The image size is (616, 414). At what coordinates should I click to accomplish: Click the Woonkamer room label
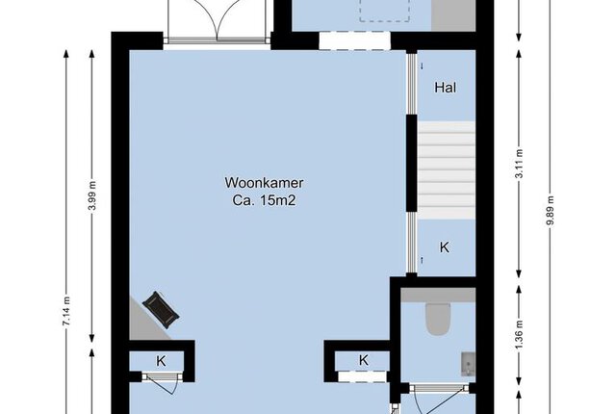(x=264, y=183)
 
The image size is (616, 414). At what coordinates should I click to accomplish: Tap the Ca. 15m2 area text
(x=264, y=200)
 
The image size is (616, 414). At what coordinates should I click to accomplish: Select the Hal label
(x=446, y=88)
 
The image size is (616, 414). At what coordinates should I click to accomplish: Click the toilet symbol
(x=438, y=320)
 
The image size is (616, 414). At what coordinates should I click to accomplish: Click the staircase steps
(x=446, y=170)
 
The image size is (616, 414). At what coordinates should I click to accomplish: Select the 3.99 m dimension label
(x=92, y=195)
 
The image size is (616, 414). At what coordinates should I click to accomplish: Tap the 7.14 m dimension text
(x=66, y=311)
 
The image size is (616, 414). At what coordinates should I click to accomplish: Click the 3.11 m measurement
(x=519, y=164)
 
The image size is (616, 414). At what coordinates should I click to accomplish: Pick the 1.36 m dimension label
(x=519, y=335)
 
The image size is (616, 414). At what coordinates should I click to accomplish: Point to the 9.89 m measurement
(x=551, y=210)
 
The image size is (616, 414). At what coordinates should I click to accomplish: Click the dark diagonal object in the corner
(x=161, y=309)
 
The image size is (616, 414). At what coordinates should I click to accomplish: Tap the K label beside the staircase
(x=445, y=247)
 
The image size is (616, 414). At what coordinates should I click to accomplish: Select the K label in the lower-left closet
(x=161, y=361)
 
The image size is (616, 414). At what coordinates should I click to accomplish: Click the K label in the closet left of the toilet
(x=364, y=360)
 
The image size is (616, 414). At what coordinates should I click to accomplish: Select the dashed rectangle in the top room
(x=385, y=11)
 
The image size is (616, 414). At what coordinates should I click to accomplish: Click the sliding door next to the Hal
(x=411, y=84)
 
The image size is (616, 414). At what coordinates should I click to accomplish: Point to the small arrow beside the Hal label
(x=423, y=66)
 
